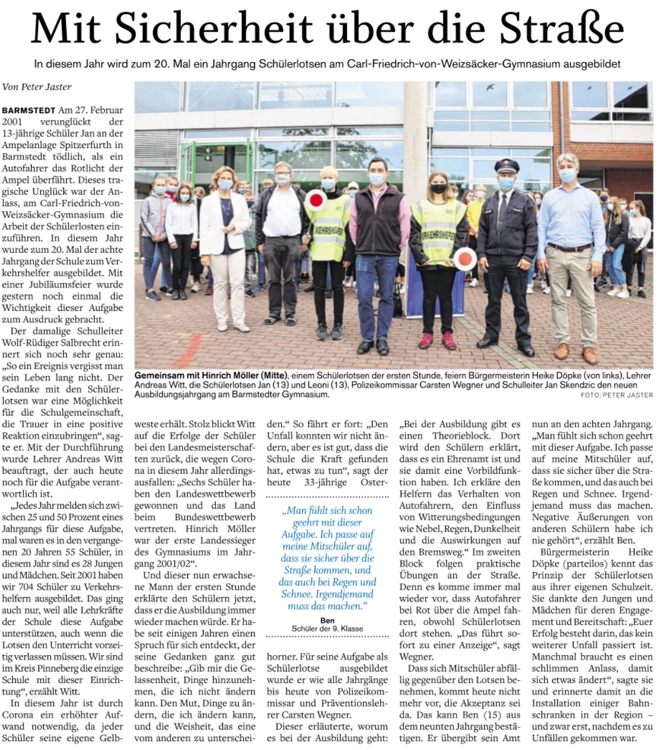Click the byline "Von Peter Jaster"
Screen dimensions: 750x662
37,87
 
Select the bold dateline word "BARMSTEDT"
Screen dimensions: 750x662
29,110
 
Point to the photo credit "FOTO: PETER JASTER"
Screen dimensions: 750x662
617,395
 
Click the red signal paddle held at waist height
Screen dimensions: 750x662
467,258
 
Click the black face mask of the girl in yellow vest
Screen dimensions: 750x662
439,189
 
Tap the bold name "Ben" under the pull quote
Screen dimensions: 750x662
327,621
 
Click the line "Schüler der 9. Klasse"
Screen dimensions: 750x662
327,629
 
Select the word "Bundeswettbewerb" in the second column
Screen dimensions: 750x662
215,517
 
